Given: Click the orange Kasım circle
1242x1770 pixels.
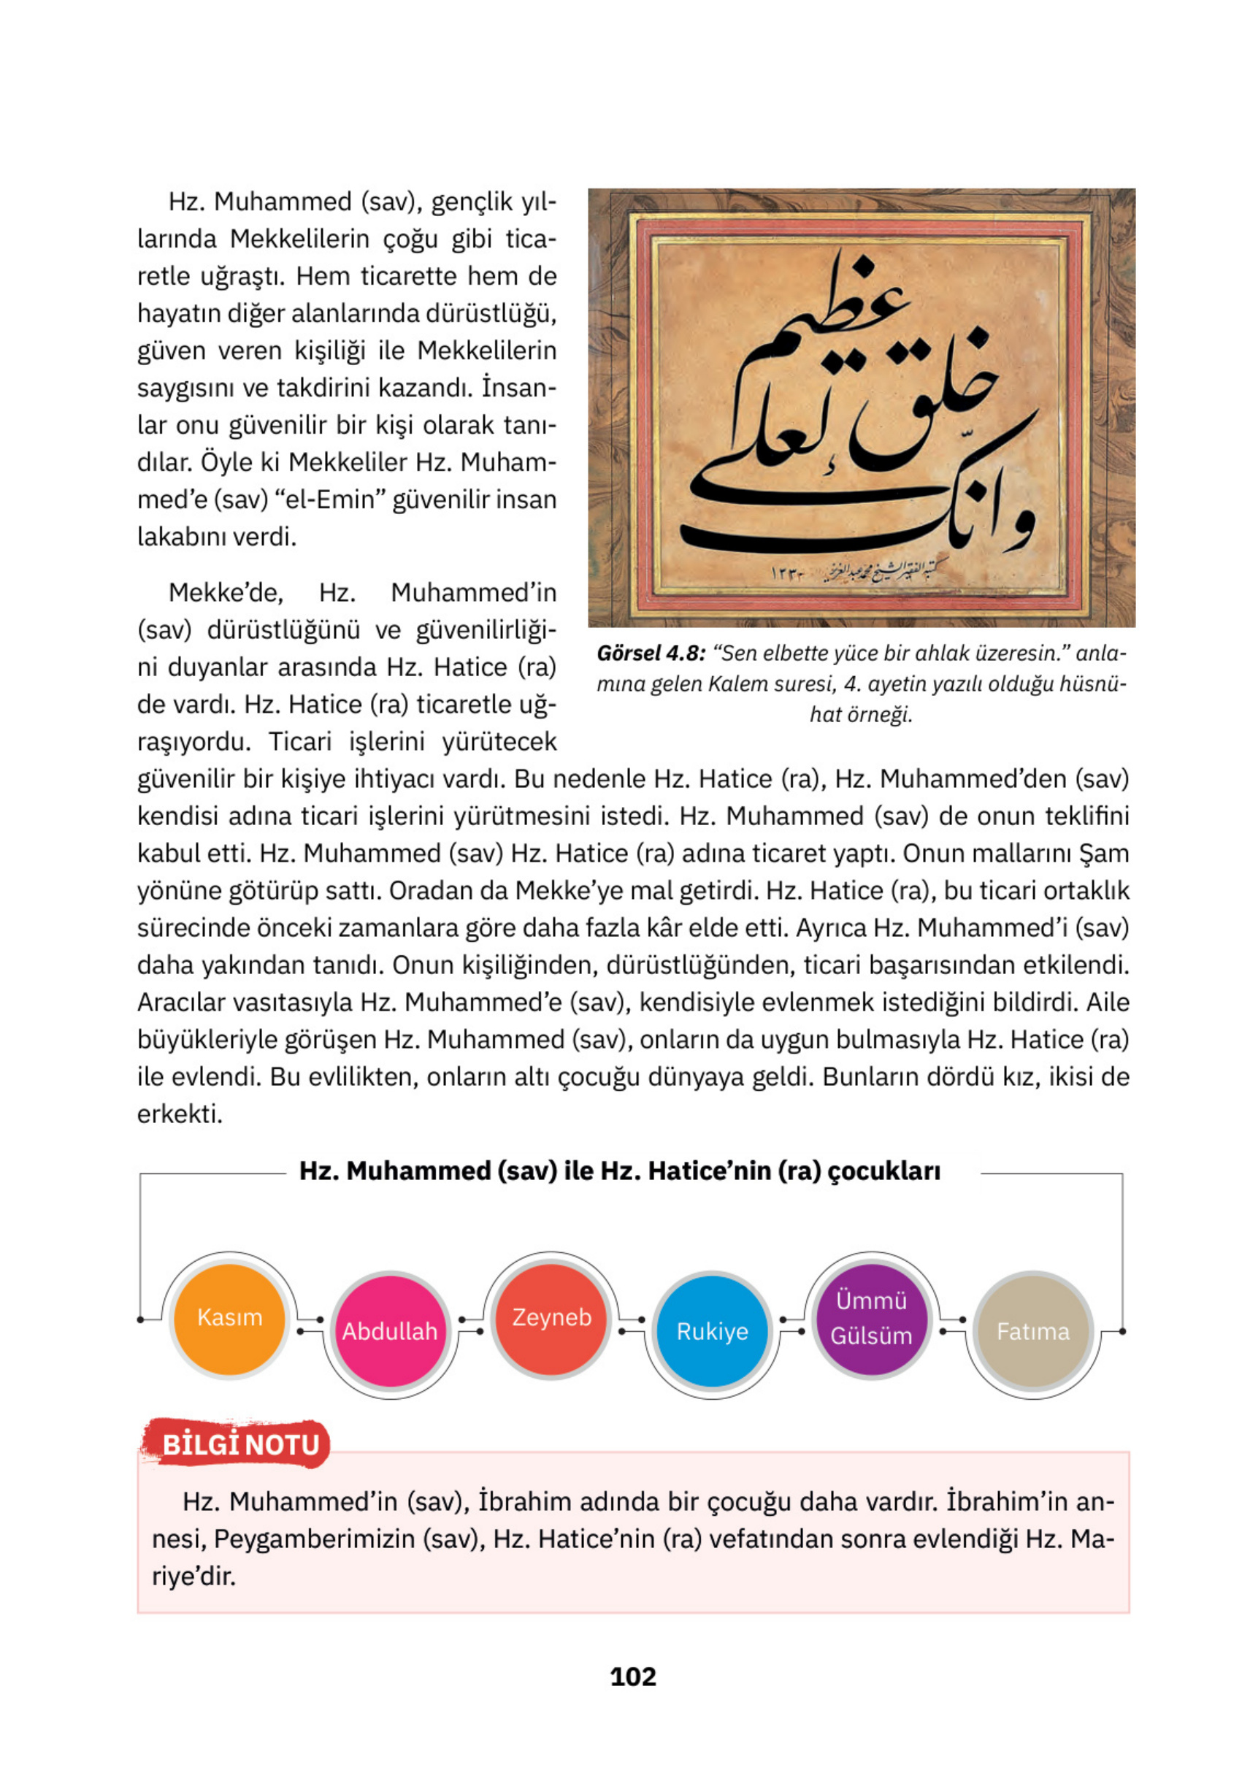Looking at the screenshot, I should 229,1318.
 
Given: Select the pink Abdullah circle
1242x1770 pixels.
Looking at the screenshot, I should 389,1332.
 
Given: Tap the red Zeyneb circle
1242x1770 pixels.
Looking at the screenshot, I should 551,1318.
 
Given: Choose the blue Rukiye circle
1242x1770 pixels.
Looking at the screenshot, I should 712,1332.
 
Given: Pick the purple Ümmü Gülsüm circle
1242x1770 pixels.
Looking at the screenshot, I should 871,1318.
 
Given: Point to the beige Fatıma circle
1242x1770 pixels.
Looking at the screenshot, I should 1032,1332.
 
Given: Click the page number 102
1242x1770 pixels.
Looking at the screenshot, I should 632,1677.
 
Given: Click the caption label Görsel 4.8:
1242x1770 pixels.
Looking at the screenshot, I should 651,654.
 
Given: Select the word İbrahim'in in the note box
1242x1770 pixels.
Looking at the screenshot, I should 1002,1502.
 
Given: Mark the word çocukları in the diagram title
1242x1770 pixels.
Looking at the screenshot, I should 883,1171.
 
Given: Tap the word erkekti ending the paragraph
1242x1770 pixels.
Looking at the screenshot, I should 179,1114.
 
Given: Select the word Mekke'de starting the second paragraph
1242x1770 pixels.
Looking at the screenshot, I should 225,593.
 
